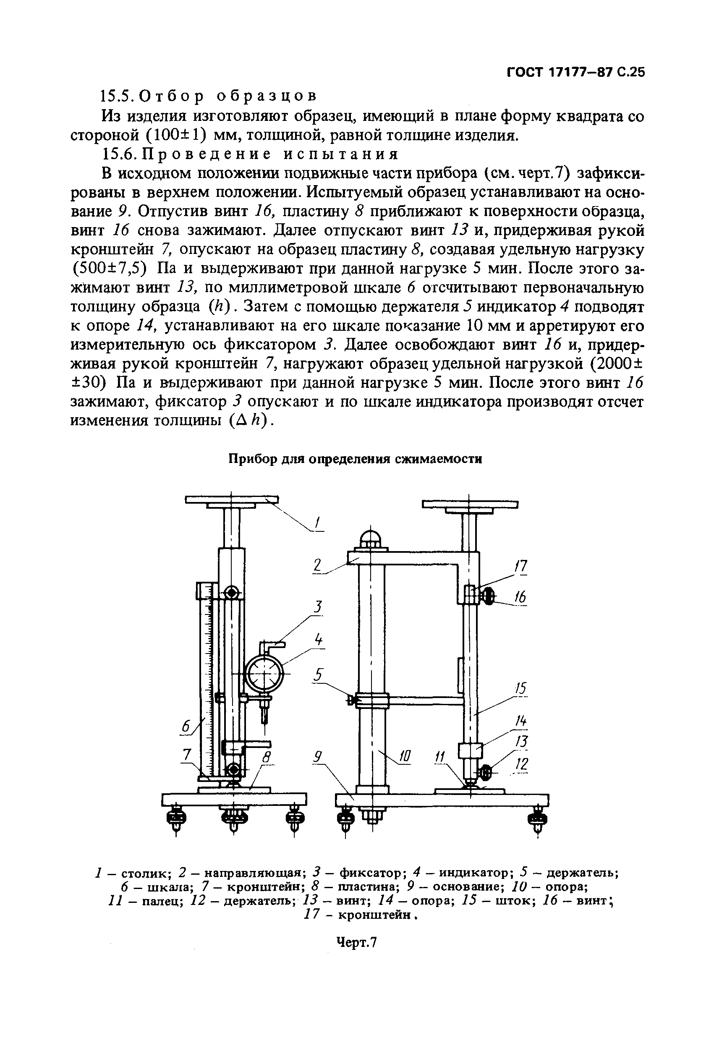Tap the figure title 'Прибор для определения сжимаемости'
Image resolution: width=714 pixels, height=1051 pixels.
coord(355,459)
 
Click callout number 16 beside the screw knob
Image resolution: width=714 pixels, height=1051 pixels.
coord(520,598)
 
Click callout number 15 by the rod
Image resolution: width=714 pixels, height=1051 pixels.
coord(520,688)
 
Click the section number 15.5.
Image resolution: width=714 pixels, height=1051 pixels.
coord(117,96)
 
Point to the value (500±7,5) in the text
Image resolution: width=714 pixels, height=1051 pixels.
coord(110,269)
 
